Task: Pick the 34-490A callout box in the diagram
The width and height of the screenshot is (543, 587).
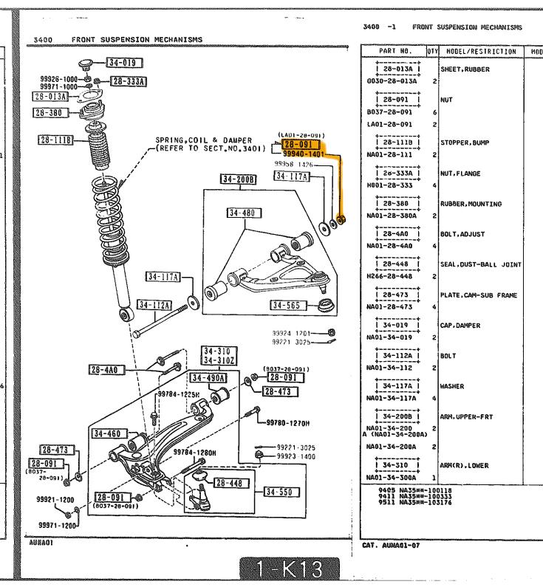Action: point(208,378)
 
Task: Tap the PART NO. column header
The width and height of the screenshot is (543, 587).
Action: point(395,52)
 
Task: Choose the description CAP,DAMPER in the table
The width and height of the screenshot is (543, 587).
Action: point(460,326)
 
